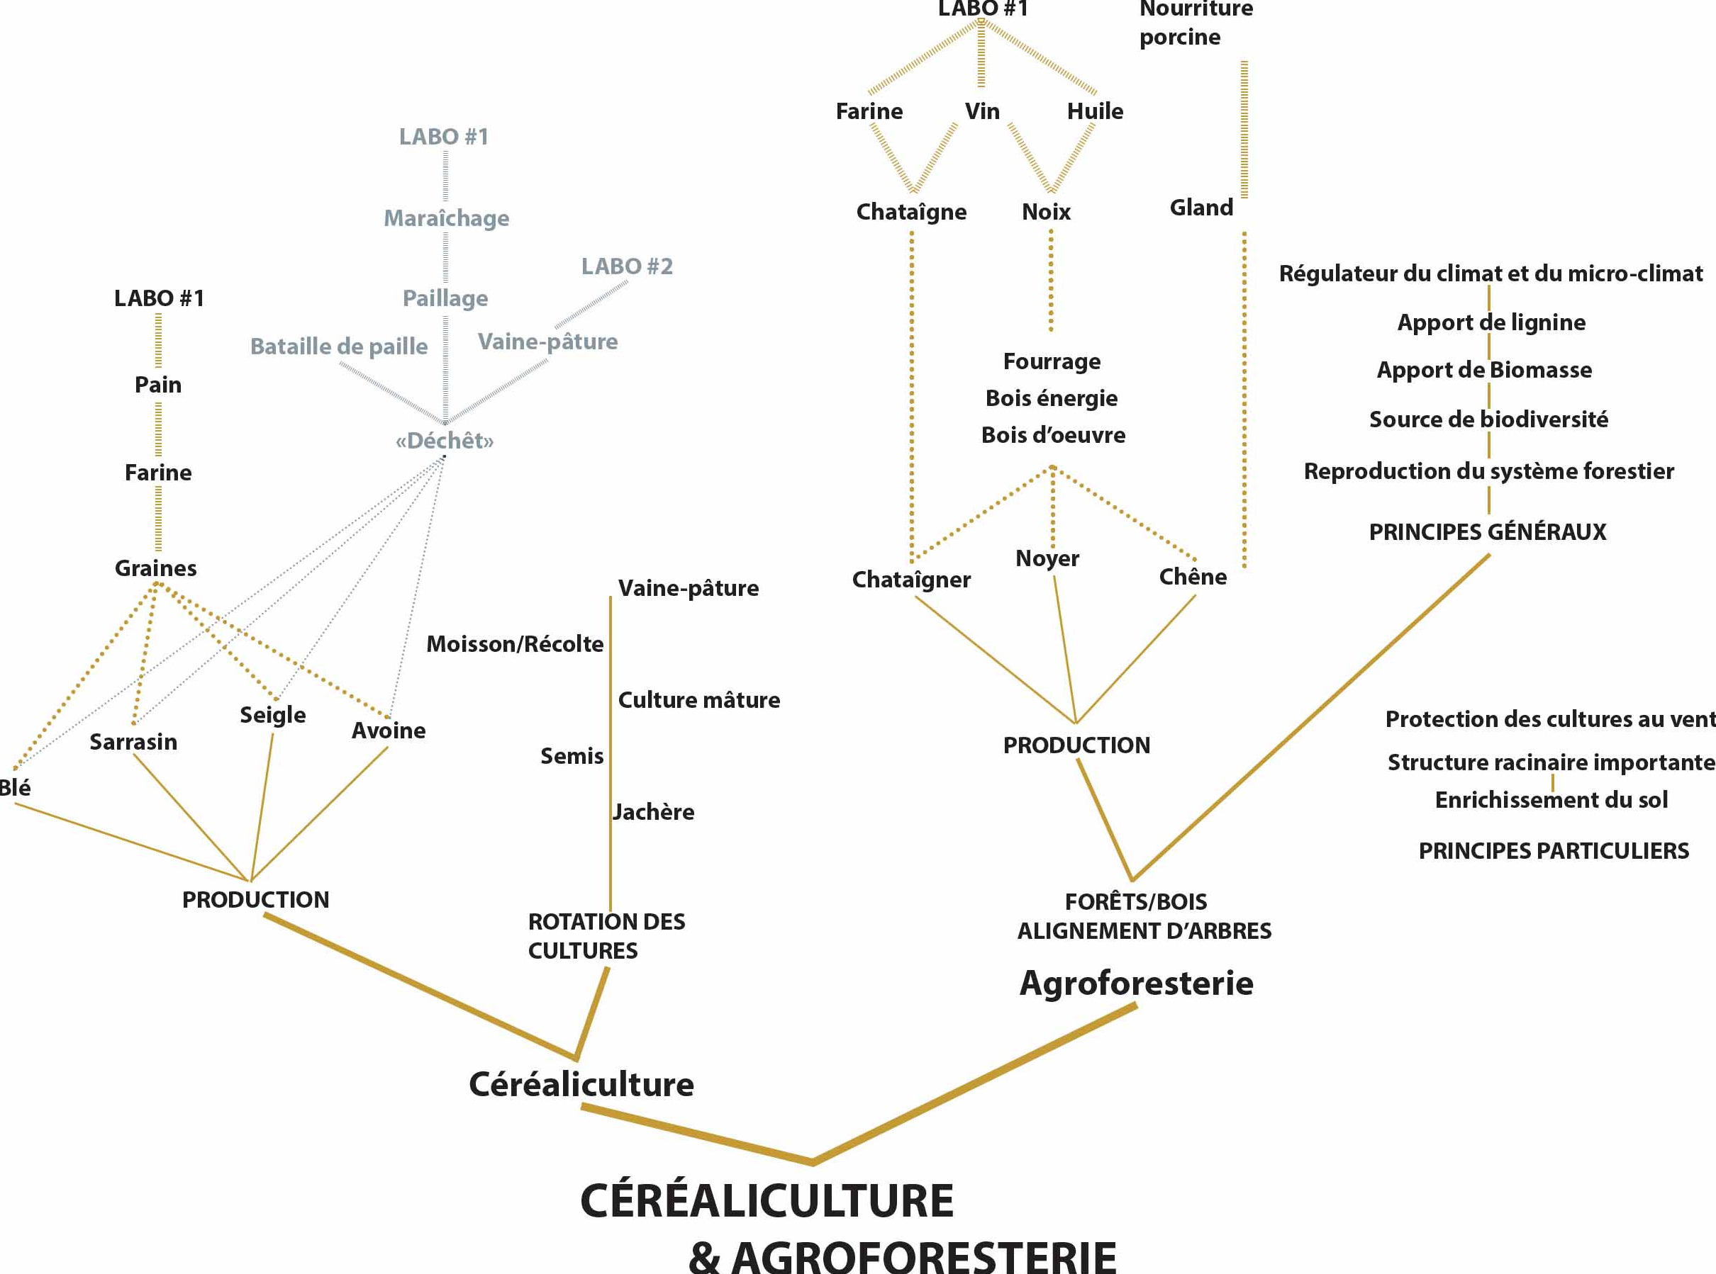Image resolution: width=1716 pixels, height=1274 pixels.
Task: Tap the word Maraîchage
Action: click(446, 218)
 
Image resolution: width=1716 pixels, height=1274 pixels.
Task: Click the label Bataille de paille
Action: click(339, 346)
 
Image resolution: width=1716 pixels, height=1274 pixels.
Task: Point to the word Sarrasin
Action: click(133, 742)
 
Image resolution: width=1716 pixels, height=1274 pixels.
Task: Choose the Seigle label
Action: click(272, 715)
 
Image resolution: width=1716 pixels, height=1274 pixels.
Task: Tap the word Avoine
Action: click(388, 731)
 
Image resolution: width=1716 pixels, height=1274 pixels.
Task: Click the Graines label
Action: click(156, 568)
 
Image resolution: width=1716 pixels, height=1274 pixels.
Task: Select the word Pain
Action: click(158, 384)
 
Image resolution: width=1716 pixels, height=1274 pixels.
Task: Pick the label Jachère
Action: click(654, 811)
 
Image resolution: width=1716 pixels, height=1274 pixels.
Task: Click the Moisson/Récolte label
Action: click(515, 644)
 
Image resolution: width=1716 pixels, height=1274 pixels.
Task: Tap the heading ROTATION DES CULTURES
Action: click(606, 935)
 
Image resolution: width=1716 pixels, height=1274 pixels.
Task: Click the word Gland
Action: click(1201, 208)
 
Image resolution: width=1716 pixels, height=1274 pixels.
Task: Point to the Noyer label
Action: click(1047, 558)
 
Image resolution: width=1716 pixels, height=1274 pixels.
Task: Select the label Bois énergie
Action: click(1052, 398)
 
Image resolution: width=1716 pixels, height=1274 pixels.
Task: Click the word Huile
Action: click(1095, 111)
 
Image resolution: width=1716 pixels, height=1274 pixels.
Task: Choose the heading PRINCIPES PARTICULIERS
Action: click(1553, 850)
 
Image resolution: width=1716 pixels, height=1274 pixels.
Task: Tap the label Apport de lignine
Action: click(1491, 322)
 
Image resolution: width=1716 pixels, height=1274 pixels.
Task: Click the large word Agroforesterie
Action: click(1136, 983)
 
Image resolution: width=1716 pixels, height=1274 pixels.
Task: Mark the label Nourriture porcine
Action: click(1196, 23)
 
